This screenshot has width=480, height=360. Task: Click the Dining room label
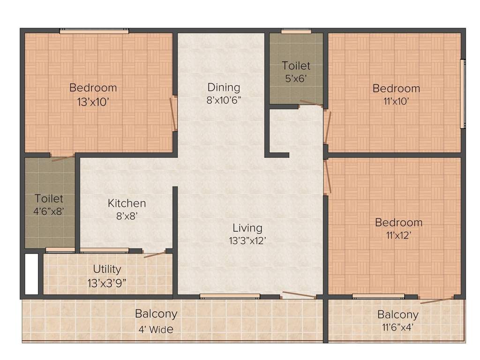pos(224,87)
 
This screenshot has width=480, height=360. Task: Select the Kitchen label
pos(127,203)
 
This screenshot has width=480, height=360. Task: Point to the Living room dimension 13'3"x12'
pos(247,240)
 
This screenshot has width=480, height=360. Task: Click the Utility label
pos(107,269)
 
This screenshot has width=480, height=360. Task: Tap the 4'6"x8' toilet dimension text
pos(48,211)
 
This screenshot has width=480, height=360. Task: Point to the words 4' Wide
pos(156,330)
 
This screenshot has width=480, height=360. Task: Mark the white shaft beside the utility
pos(31,274)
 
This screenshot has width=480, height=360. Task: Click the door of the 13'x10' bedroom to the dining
pos(173,113)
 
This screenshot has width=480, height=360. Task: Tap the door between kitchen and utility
pos(155,255)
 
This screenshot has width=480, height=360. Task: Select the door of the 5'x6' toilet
pos(311,104)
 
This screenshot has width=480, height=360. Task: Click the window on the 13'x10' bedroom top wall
pos(94,31)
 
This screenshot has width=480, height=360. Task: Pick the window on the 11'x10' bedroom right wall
pos(463,94)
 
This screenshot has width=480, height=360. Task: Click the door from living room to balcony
pos(299,295)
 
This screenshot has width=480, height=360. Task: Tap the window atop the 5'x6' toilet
pos(296,31)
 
